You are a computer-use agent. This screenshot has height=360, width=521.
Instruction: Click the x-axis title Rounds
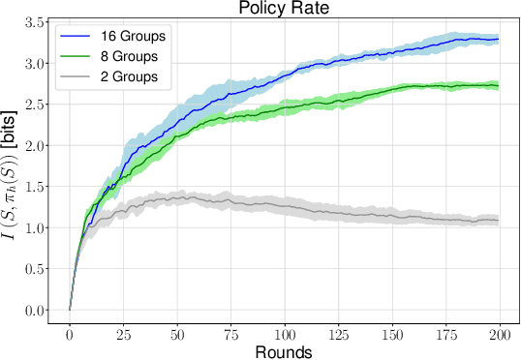point(285,351)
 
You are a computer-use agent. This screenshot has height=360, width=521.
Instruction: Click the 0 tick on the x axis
point(70,333)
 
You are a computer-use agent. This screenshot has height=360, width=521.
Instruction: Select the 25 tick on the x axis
point(124,333)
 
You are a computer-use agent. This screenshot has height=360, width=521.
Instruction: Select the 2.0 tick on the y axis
point(36,146)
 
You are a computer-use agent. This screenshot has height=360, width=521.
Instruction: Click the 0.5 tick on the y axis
point(36,269)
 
